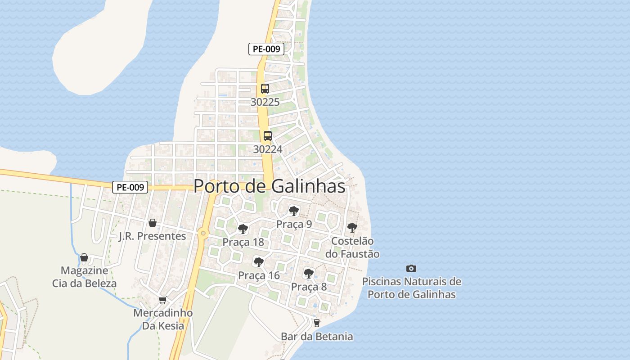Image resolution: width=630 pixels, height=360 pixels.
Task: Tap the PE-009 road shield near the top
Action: coord(266,49)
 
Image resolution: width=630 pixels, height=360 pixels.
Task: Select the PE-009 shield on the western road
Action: coord(130,187)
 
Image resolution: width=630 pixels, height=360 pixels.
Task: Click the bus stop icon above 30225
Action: coord(265,89)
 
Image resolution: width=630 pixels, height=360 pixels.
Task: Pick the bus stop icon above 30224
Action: coord(268,135)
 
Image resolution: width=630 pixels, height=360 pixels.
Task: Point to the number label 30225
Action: coord(265,102)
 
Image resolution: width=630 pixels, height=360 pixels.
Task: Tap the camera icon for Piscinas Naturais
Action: coord(411,268)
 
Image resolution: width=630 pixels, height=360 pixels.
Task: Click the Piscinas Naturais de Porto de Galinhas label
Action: coord(411,288)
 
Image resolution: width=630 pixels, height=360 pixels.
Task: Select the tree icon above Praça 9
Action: coord(294,211)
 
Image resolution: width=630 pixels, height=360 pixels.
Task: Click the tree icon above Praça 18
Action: coord(243,229)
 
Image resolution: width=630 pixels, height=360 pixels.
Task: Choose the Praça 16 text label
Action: coord(259,275)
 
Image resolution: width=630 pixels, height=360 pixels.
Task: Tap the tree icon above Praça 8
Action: coord(309,273)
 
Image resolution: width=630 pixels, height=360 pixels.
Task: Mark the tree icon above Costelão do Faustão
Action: coord(352,228)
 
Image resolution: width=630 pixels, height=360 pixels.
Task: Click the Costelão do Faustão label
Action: coord(352,247)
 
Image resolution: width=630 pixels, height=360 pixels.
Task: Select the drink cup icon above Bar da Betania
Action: coord(317,323)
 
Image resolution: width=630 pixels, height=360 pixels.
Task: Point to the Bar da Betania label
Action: coord(317,336)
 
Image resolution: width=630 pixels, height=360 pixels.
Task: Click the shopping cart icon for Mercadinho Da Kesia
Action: coord(163,300)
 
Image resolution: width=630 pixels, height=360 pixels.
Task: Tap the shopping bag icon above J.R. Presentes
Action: coord(153,223)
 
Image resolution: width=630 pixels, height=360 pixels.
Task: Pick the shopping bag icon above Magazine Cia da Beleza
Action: coord(84,257)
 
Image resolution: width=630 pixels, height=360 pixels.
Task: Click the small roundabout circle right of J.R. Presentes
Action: coord(203,233)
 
